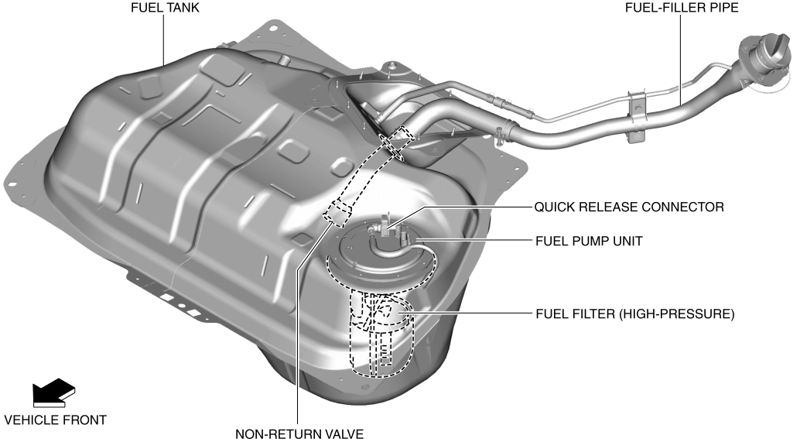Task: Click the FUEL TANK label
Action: (x=164, y=9)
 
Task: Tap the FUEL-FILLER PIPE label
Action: (x=681, y=9)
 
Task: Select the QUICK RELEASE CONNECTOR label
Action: (x=629, y=207)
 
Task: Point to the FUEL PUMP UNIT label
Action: (x=589, y=242)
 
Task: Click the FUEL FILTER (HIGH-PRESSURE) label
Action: (x=634, y=315)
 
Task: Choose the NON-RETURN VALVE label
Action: (x=299, y=434)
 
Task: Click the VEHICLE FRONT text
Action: (x=56, y=420)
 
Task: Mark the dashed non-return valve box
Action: (x=336, y=211)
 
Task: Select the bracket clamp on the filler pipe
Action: (x=636, y=106)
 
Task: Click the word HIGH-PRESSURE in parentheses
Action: (x=683, y=315)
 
